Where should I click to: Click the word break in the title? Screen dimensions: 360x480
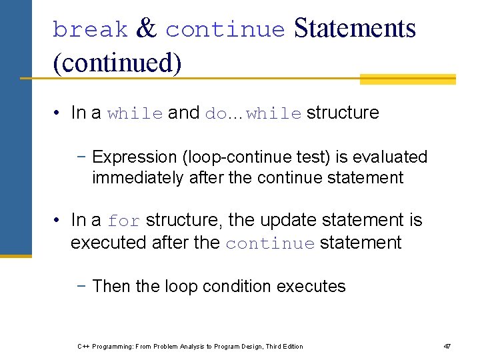pyautogui.click(x=89, y=30)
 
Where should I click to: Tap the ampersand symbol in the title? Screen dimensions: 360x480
pyautogui.click(x=146, y=29)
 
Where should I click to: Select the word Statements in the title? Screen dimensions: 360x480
pyautogui.click(x=354, y=29)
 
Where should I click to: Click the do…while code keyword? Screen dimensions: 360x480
pyautogui.click(x=253, y=113)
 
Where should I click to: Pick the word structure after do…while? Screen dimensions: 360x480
pyautogui.click(x=343, y=113)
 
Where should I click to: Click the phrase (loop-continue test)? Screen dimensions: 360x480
pyautogui.click(x=255, y=157)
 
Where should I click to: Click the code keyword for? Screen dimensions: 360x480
pyautogui.click(x=124, y=221)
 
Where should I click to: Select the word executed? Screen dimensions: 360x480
pyautogui.click(x=109, y=243)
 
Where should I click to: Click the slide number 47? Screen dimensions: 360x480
pyautogui.click(x=447, y=346)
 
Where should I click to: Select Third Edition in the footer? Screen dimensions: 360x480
pyautogui.click(x=284, y=346)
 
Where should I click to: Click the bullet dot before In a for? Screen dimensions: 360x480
pyautogui.click(x=57, y=221)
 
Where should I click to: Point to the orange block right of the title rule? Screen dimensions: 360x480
pyautogui.click(x=407, y=79)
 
